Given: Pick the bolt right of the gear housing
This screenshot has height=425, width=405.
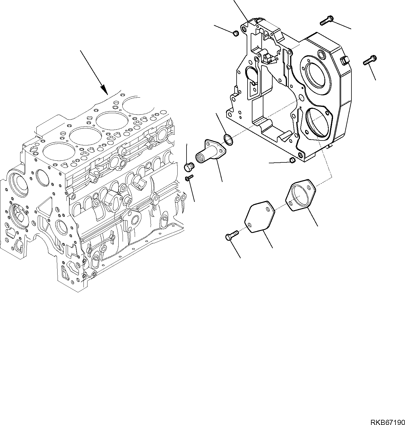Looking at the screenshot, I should pos(370,60).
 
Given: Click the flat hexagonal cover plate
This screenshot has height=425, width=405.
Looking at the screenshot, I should pos(260,217).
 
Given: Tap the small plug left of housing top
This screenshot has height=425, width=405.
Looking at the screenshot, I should pos(235,33).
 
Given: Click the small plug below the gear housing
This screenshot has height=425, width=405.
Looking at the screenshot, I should pos(292,160).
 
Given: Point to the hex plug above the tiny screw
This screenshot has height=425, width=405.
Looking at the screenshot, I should pos(189,167).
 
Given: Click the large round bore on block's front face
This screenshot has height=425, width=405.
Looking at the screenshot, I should pos(18,184).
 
